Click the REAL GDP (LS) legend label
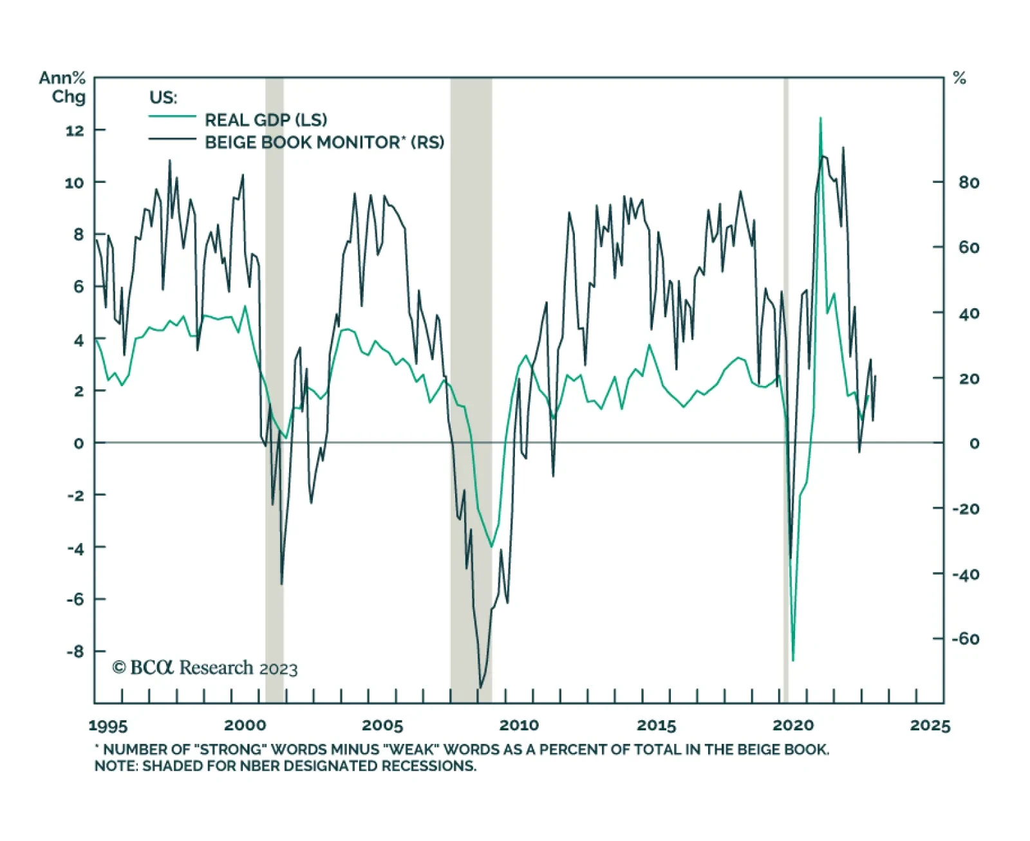[265, 120]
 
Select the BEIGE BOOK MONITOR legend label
[324, 142]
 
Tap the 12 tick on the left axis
[75, 131]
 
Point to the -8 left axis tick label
[75, 651]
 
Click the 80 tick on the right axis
[969, 183]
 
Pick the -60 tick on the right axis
[966, 639]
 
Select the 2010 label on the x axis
[519, 726]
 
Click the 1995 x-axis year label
[108, 726]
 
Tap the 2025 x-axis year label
[930, 726]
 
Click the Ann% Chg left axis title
[62, 88]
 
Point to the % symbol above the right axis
[959, 79]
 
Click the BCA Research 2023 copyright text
[205, 668]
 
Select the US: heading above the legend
[163, 98]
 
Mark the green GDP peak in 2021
[820, 118]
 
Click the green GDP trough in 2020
[793, 660]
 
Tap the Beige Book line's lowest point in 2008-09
[480, 688]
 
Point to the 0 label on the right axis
[974, 443]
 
